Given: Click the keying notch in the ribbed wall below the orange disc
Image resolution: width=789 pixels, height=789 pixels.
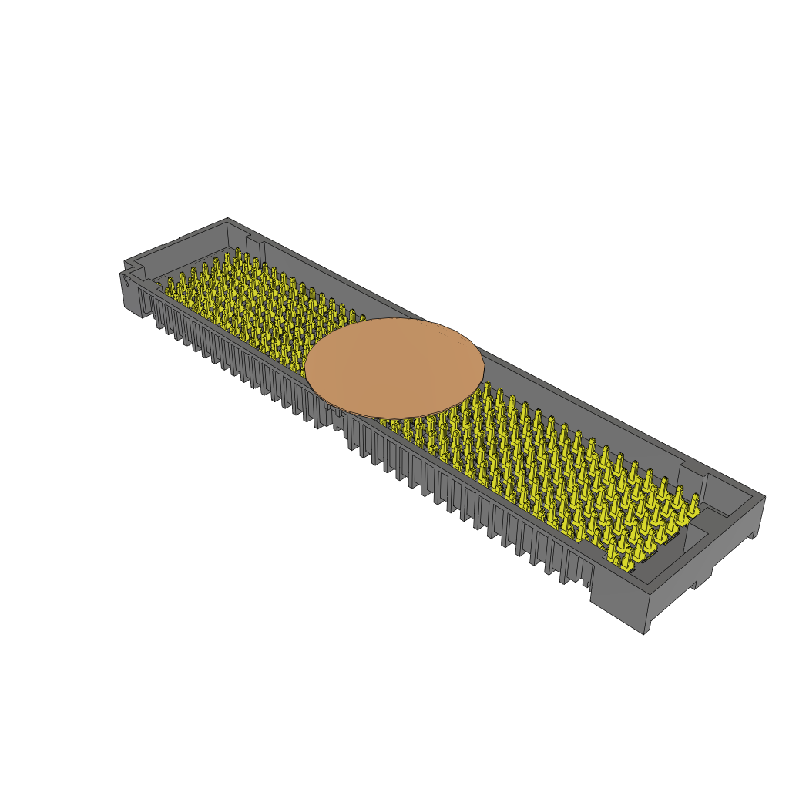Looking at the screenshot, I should pos(340,421).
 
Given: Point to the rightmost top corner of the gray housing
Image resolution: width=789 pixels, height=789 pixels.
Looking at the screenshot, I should pos(764,497).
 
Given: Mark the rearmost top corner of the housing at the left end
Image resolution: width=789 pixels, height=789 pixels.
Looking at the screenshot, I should pos(228,218).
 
